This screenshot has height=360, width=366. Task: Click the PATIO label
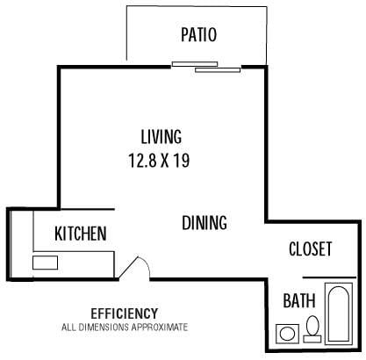click(x=198, y=35)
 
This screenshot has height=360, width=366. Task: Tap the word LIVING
click(x=161, y=137)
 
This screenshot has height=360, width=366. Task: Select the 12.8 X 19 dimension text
click(x=160, y=161)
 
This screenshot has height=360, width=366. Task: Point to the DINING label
click(x=205, y=223)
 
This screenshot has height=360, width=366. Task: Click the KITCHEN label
click(x=81, y=234)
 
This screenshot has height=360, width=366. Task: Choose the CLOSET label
click(x=311, y=249)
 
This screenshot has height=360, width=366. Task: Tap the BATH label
click(x=299, y=301)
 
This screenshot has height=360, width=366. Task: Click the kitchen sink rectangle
click(x=45, y=262)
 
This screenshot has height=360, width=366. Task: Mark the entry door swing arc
click(x=134, y=266)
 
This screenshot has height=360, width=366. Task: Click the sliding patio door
click(x=205, y=65)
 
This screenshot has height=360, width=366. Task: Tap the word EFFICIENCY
click(x=124, y=313)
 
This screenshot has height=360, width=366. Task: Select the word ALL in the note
click(x=68, y=327)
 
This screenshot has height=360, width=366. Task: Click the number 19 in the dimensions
click(x=183, y=161)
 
